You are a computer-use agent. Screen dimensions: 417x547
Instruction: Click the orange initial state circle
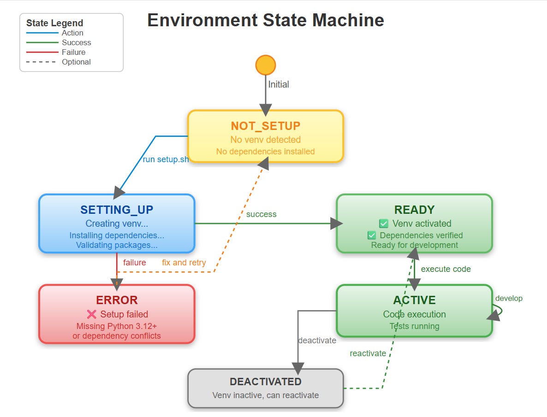point(266,65)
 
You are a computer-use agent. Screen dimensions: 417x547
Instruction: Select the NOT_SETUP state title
point(265,126)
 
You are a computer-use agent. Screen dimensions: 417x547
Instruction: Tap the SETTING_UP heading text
point(117,210)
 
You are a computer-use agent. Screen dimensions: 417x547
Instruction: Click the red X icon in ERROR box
point(92,314)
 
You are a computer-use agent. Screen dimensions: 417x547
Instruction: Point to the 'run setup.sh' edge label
point(166,160)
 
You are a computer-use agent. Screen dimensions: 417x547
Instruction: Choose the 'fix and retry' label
point(184,263)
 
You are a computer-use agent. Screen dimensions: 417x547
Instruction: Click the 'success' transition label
point(261,214)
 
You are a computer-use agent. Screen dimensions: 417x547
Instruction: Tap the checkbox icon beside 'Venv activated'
point(384,224)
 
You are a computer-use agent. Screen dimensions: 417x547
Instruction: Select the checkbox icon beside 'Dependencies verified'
point(372,235)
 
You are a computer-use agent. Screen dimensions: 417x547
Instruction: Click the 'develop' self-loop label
point(509,298)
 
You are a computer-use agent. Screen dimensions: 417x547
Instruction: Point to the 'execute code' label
point(446,269)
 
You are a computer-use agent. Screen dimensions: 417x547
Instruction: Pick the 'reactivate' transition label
point(368,353)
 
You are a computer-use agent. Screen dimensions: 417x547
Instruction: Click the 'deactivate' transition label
point(317,341)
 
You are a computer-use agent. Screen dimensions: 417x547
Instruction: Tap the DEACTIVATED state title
point(265,382)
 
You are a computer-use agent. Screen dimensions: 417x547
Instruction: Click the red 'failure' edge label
point(134,263)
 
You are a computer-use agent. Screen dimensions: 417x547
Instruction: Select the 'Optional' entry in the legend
point(76,62)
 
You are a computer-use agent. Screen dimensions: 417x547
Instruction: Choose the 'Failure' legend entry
point(73,52)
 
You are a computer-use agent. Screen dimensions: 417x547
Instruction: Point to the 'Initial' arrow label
point(279,84)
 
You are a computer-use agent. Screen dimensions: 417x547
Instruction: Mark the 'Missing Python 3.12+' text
point(117,326)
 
